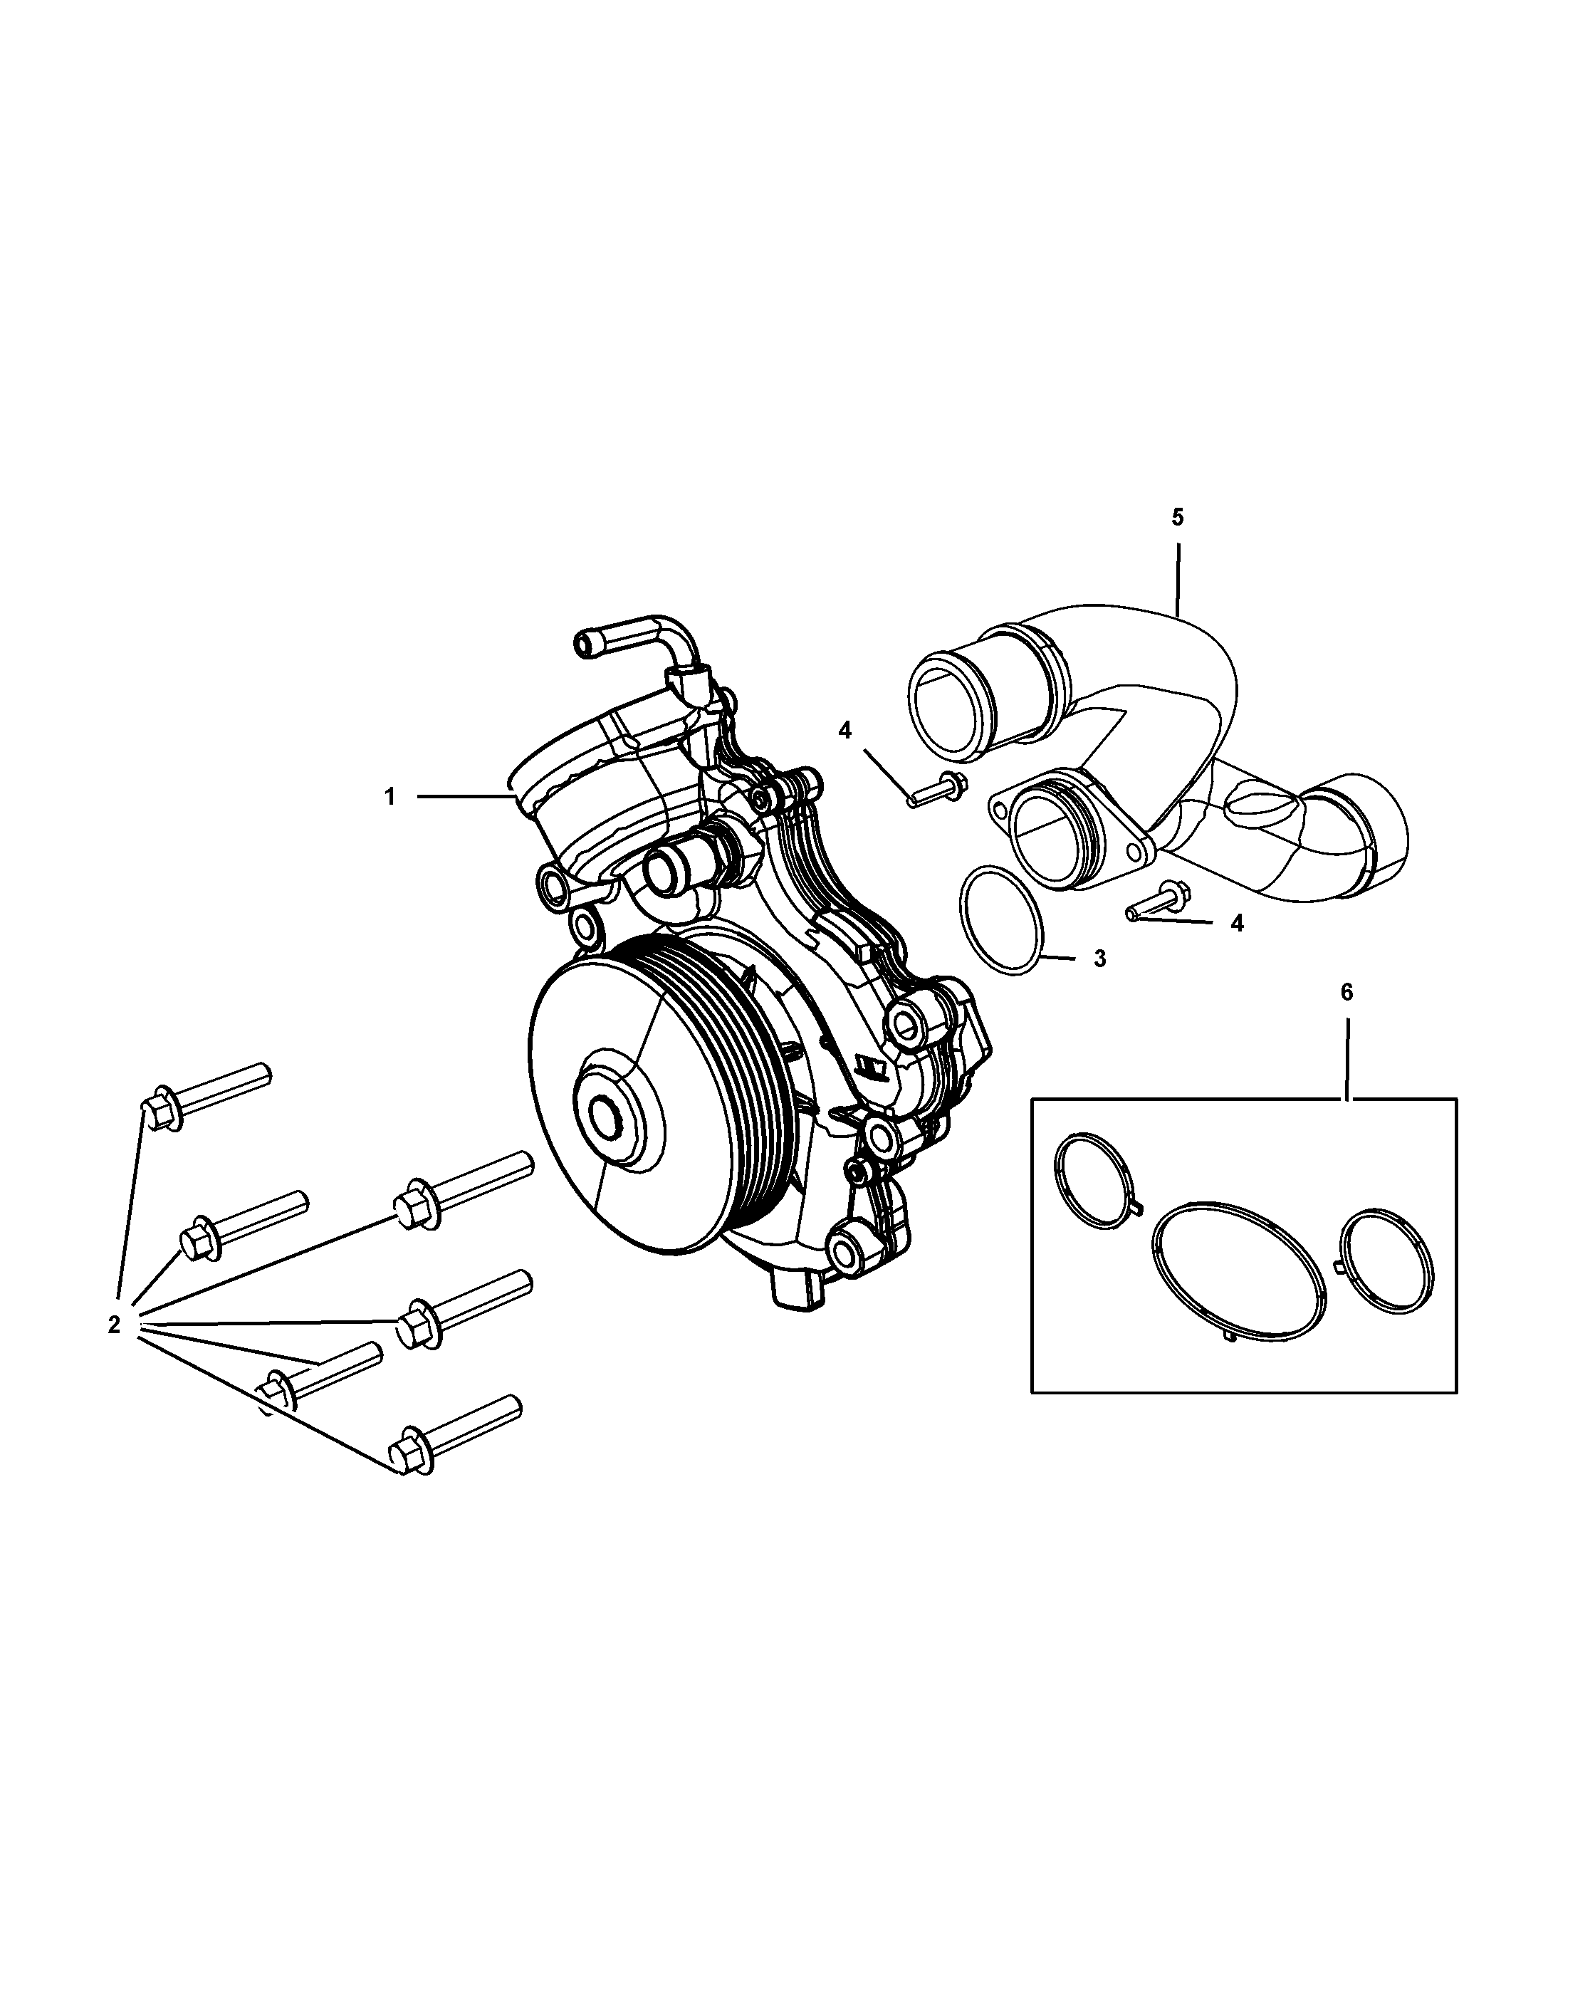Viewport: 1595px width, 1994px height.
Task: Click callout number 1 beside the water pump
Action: (390, 796)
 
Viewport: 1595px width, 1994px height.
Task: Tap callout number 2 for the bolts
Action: (114, 1325)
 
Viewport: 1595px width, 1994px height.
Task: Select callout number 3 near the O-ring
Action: (1099, 959)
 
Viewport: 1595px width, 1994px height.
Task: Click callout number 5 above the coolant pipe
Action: (1177, 517)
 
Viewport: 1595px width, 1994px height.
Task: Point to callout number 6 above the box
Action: (1346, 993)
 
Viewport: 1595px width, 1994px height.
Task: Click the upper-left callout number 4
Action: (844, 731)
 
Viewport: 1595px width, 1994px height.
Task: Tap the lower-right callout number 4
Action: (1237, 923)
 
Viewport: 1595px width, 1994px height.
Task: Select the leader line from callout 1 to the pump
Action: (462, 796)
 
